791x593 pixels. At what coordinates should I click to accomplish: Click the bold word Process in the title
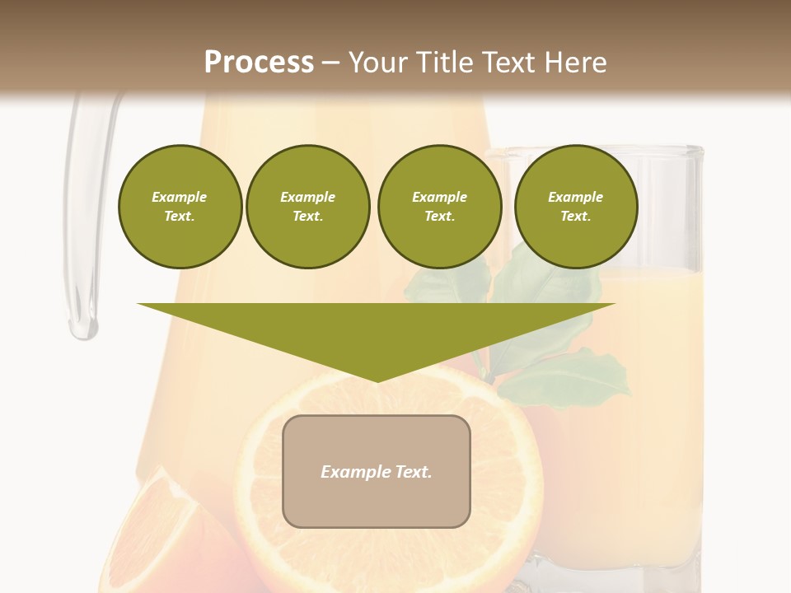(259, 63)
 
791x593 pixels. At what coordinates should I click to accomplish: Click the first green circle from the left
(180, 207)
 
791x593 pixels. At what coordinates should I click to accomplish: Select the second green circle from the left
(307, 207)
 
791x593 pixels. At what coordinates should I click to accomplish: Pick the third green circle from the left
(439, 207)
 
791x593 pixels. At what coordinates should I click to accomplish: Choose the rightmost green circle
(575, 207)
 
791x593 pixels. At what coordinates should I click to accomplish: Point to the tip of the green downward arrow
(377, 380)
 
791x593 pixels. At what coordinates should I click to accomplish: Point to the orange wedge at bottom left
(157, 535)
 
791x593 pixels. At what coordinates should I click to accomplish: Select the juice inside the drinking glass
(659, 395)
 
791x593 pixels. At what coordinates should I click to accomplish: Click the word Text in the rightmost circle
(575, 217)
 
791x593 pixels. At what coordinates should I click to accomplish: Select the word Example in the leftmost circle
(180, 197)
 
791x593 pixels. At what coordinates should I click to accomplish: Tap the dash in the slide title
(331, 63)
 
